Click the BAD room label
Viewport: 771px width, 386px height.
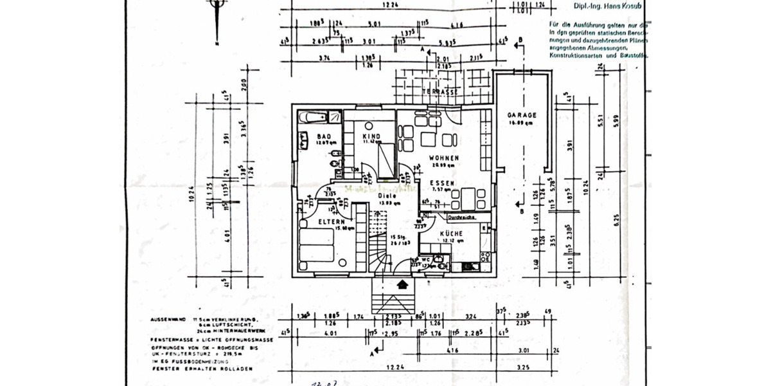pyautogui.click(x=324, y=136)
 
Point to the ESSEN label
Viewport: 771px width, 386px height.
pyautogui.click(x=443, y=183)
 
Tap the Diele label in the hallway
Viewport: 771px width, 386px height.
pyautogui.click(x=385, y=197)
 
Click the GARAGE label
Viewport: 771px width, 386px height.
pyautogui.click(x=521, y=115)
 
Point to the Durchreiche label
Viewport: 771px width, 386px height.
pyautogui.click(x=461, y=217)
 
